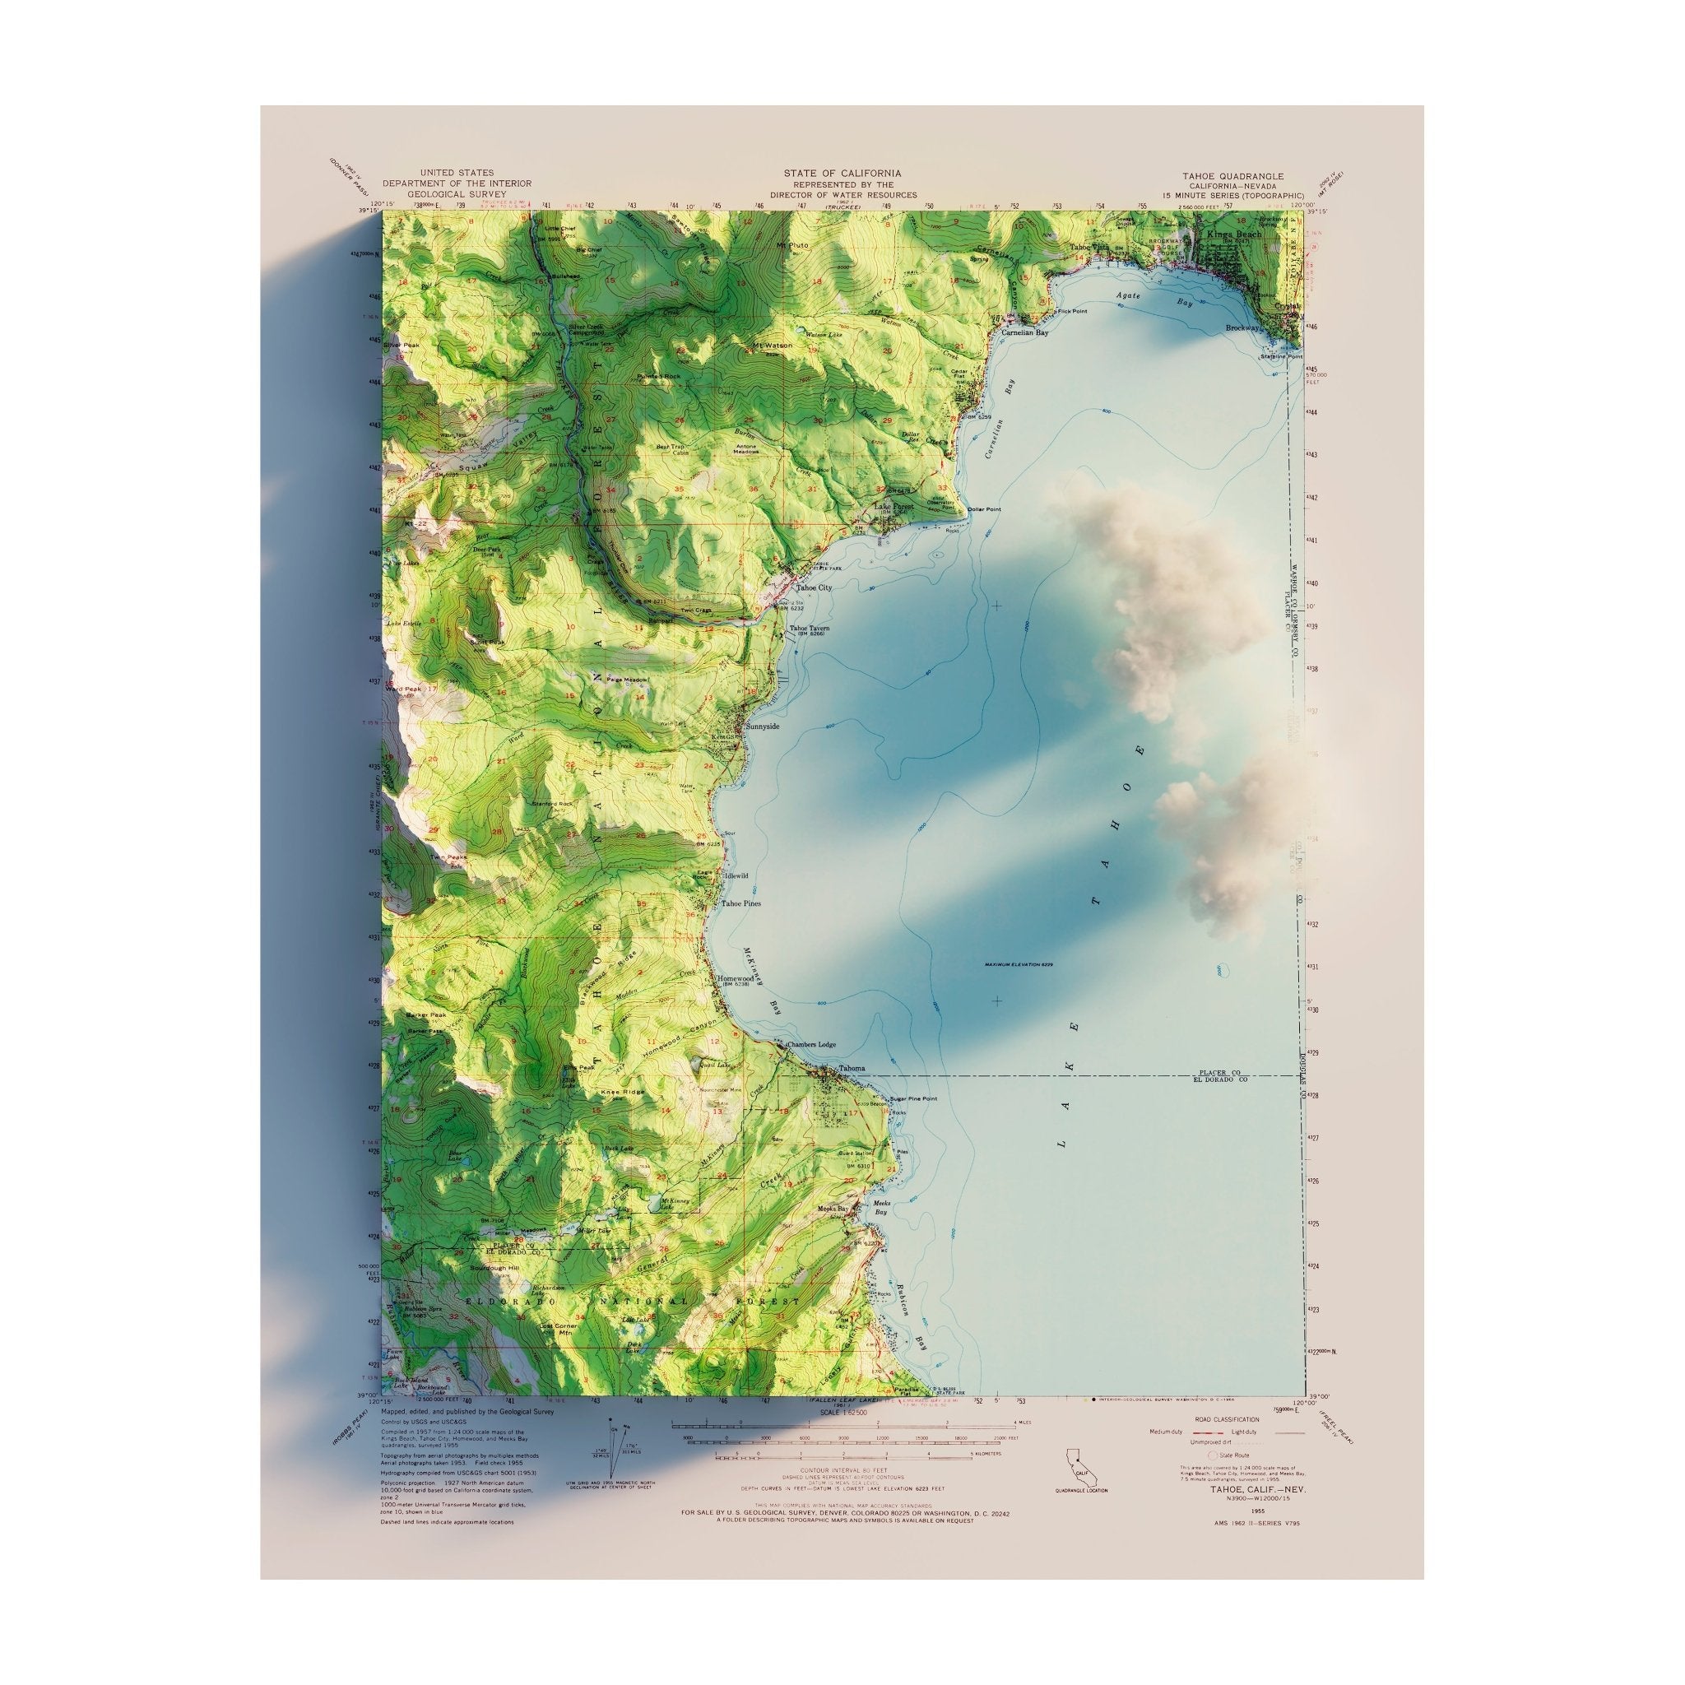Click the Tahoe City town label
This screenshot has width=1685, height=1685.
[x=813, y=587]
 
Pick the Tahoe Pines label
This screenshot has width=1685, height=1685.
[x=740, y=903]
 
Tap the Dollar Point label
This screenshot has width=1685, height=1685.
[x=983, y=509]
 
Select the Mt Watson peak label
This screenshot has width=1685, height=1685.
[x=773, y=346]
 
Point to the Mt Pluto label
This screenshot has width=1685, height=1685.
[x=793, y=245]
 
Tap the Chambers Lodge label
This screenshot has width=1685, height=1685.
[x=811, y=1045]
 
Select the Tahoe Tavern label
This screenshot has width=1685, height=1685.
[x=809, y=628]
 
